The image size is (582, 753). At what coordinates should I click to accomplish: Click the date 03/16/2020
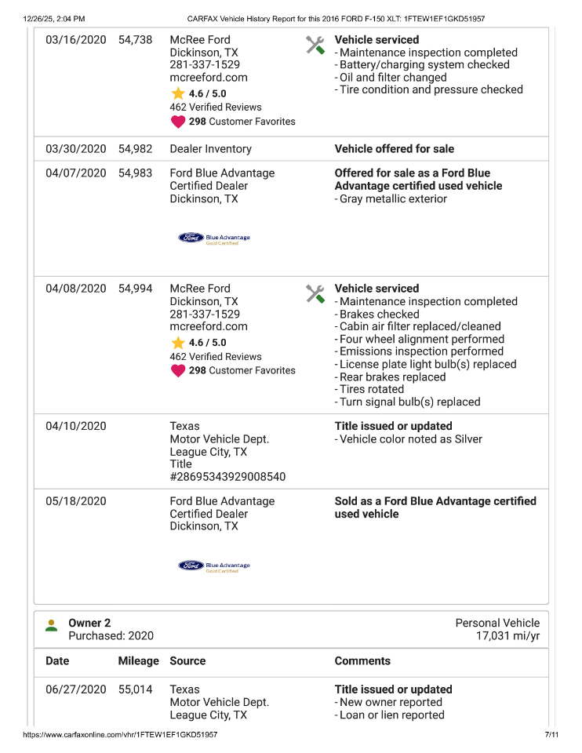pos(75,40)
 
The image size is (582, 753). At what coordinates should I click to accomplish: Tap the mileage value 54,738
pos(135,40)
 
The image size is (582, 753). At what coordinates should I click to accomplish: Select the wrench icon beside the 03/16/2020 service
pos(315,45)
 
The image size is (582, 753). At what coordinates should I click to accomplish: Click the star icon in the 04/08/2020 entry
pos(178,343)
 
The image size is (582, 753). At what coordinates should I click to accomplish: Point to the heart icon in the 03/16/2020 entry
pos(178,122)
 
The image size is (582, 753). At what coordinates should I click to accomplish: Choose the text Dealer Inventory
pos(210,149)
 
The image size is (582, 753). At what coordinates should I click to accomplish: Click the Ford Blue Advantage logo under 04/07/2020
pos(214,238)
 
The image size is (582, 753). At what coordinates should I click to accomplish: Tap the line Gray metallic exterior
pos(393,199)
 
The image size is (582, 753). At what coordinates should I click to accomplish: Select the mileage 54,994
pos(135,289)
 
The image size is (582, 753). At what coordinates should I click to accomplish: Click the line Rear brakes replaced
pos(392,377)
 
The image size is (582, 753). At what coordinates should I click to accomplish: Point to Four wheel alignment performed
pos(421,340)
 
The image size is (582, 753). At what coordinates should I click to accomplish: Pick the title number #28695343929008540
pos(227,477)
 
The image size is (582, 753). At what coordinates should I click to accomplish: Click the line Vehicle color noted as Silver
pos(410,439)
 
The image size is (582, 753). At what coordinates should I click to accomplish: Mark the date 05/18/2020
pos(75,501)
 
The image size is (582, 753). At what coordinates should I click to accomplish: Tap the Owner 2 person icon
pos(52,625)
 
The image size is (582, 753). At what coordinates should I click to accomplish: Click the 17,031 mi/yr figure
pos(507,636)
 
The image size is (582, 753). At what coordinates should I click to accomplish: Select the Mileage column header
pos(138,661)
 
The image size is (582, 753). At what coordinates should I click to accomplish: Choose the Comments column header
pos(362,661)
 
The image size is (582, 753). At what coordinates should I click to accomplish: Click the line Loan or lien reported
pos(391,715)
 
